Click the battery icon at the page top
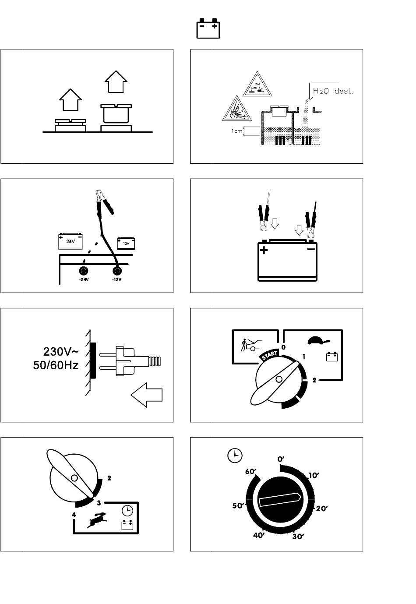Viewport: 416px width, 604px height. [x=208, y=28]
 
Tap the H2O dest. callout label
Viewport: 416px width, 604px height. [x=332, y=91]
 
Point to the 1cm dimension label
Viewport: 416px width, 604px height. [x=237, y=131]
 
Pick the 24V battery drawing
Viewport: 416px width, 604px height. [x=70, y=240]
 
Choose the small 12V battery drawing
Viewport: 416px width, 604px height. [x=125, y=243]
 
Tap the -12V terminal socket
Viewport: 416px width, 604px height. [x=116, y=270]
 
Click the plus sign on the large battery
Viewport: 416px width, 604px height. [x=264, y=251]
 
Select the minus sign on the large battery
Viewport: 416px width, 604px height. [x=311, y=249]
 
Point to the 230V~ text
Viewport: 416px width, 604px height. [x=61, y=351]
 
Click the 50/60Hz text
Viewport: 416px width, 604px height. [x=56, y=365]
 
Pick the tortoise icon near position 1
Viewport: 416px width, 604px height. [x=318, y=340]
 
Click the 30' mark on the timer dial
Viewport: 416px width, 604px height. [x=298, y=537]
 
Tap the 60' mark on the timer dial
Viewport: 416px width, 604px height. [x=250, y=472]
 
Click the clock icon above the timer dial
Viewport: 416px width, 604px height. [x=235, y=456]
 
